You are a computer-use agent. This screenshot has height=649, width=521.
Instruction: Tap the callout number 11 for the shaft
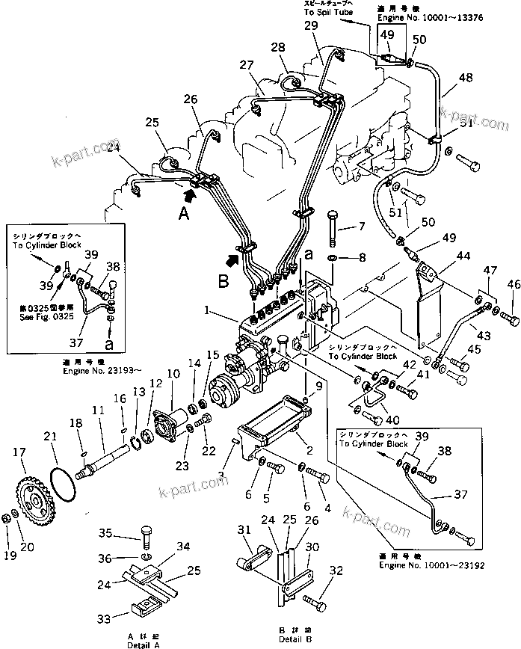(x=99, y=410)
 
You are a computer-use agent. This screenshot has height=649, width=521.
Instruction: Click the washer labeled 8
(x=334, y=259)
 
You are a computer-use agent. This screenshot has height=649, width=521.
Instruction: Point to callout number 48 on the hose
(x=466, y=78)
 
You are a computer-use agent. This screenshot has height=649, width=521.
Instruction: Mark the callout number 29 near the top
(x=312, y=27)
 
